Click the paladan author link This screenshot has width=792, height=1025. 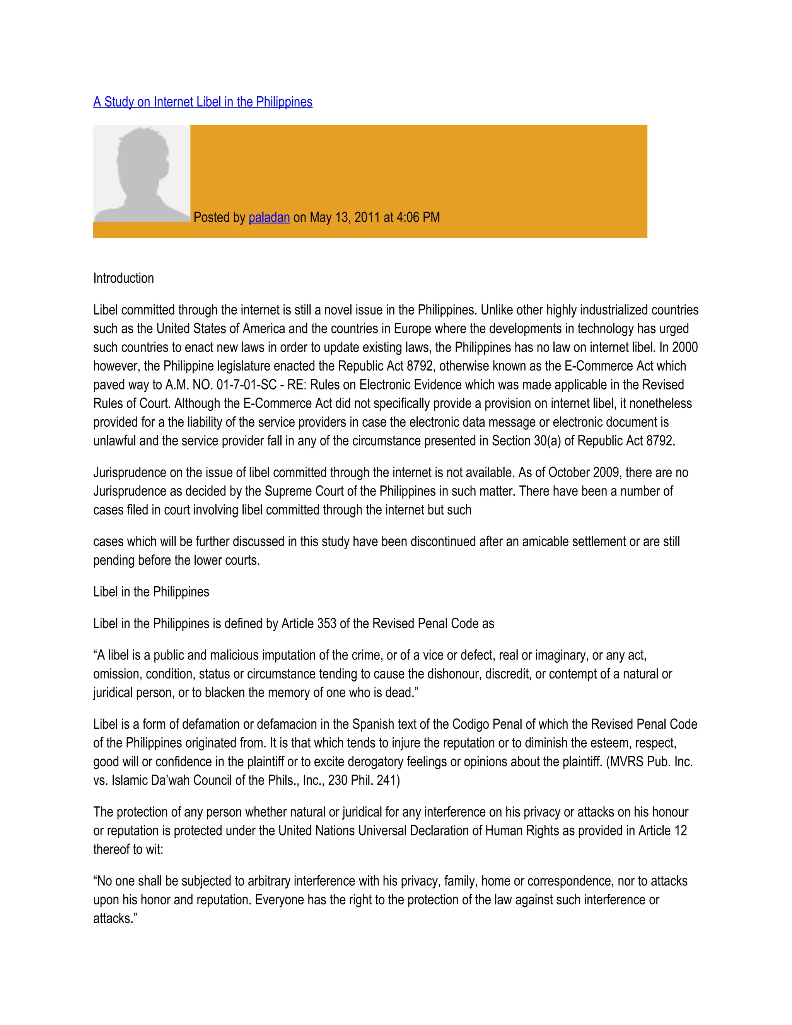click(269, 217)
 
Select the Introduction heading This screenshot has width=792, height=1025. click(123, 278)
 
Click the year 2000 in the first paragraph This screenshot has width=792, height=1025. click(685, 347)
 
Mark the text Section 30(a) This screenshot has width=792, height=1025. click(526, 441)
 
